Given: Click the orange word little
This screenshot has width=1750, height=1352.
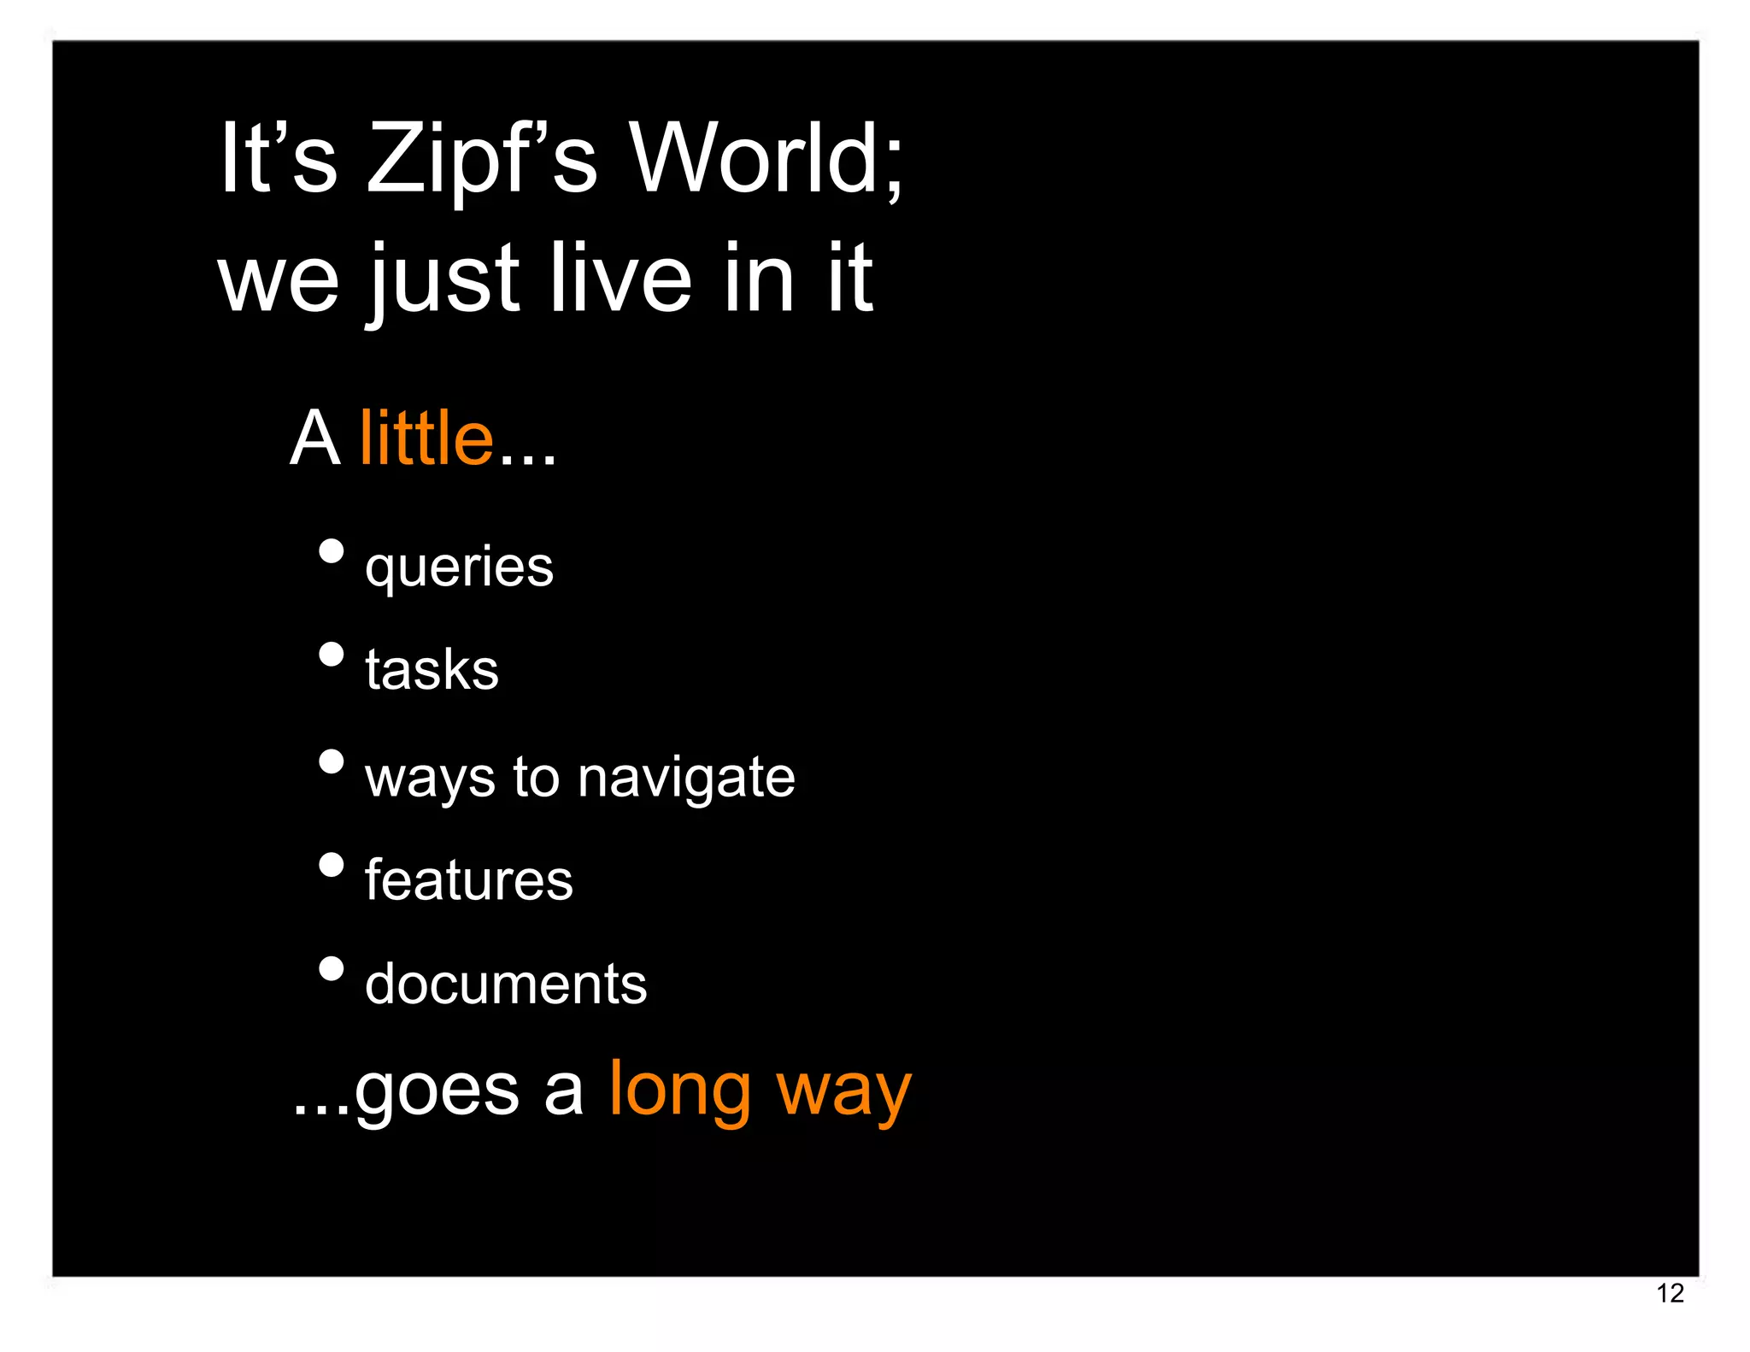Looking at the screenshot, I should point(426,438).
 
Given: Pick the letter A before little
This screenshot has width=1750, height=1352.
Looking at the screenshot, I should point(315,438).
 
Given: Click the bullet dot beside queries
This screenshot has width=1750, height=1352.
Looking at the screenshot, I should point(331,551).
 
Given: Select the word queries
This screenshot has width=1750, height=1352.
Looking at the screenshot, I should point(459,567).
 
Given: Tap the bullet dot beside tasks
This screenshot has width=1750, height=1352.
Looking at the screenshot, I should point(331,655).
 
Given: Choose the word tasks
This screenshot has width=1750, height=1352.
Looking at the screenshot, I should point(432,669).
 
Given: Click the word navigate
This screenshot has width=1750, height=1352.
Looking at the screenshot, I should point(686,778).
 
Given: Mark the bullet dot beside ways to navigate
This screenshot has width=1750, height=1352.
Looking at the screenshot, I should point(331,761).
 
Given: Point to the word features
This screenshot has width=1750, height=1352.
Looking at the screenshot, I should point(468,880).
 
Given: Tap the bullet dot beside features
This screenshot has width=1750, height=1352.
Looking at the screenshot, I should point(331,866).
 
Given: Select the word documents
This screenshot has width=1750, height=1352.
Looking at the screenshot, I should point(506,984).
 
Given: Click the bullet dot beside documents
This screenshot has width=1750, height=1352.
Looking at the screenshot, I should point(331,969).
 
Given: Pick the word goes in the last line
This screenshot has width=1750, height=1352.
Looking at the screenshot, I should point(437,1091).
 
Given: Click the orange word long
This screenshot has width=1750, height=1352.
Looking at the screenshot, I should point(680,1091).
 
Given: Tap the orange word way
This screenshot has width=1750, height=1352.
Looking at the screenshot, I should point(843,1091).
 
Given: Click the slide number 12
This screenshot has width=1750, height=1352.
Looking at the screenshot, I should point(1670,1293).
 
